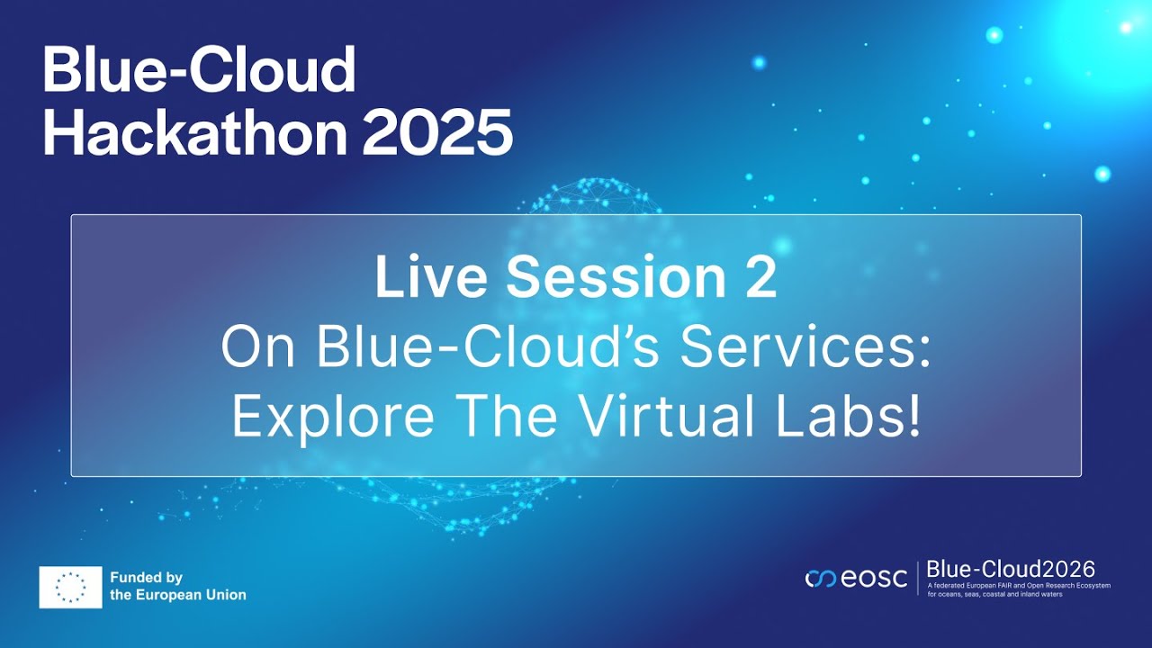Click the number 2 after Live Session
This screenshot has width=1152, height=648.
[760, 278]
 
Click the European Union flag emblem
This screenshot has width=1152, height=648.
[70, 587]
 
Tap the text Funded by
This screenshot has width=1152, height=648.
[146, 578]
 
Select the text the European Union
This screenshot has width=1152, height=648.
[177, 595]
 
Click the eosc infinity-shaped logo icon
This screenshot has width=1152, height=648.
[821, 579]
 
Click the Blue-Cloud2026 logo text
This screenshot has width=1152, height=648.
[1010, 569]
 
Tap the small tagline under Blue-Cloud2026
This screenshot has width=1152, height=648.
[1019, 589]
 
